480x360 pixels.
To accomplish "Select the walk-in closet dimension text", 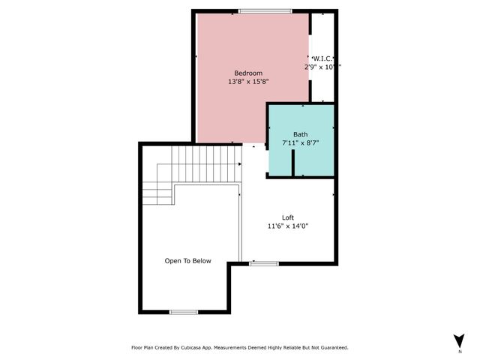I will click(322, 67).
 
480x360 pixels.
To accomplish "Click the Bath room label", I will click(300, 134).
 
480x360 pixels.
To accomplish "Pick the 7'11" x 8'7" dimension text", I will click(301, 142).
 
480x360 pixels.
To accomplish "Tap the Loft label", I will click(288, 217).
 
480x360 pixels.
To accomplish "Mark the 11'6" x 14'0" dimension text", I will click(288, 226).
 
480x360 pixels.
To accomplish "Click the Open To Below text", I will click(188, 261).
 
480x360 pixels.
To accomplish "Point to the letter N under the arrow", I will click(459, 351).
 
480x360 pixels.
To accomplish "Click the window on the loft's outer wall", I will click(264, 263).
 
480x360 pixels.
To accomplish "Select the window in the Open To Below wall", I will click(184, 311).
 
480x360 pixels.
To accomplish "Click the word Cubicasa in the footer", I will click(196, 347).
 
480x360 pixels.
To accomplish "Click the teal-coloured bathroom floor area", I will click(315, 157).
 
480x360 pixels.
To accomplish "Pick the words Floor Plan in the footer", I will click(144, 347).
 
